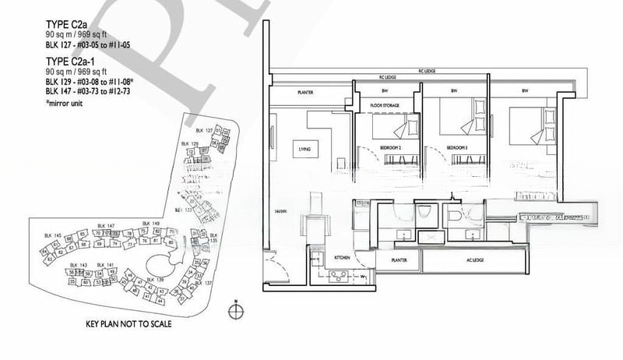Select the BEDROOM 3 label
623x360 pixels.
point(456,146)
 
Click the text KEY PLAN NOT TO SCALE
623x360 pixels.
point(128,324)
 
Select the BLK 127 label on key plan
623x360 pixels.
point(204,129)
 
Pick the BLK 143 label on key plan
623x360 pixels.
point(77,265)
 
